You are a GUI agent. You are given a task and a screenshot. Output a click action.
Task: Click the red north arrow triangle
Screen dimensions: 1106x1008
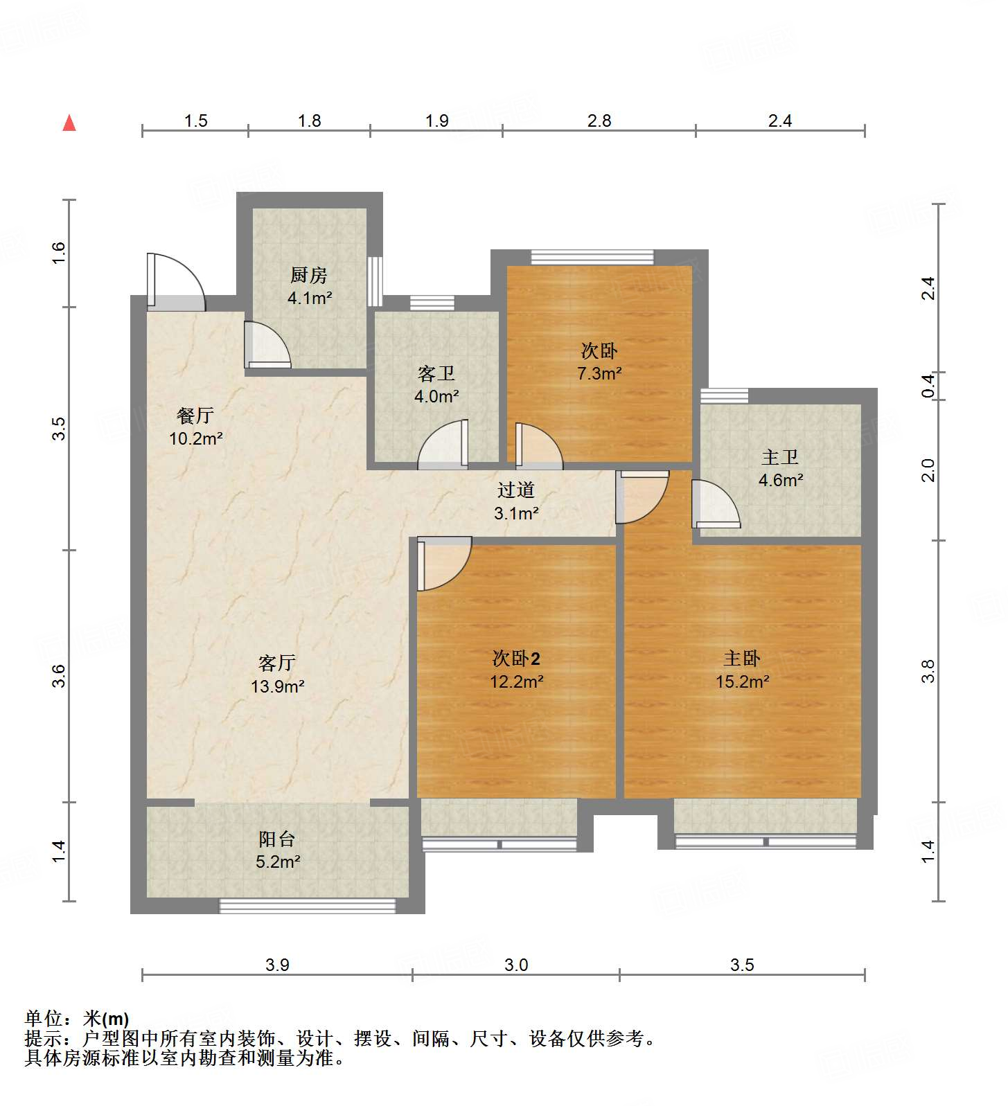click(x=69, y=123)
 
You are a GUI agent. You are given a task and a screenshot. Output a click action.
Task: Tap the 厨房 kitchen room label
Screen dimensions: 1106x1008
click(x=309, y=276)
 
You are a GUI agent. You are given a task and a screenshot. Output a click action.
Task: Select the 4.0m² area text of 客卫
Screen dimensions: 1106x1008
click(x=436, y=397)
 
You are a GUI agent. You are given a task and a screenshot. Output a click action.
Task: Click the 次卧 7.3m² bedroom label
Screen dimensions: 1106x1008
click(x=599, y=351)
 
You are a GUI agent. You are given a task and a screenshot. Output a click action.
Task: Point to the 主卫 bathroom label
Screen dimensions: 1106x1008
click(x=780, y=457)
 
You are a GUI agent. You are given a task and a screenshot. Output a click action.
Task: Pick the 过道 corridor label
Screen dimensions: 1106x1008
click(x=516, y=490)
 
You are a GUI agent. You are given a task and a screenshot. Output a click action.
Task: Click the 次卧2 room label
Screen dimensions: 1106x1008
click(x=516, y=659)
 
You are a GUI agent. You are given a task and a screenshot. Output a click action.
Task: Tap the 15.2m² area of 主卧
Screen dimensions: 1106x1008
click(x=742, y=681)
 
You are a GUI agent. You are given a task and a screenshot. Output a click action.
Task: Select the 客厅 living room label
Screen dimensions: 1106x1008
click(x=277, y=663)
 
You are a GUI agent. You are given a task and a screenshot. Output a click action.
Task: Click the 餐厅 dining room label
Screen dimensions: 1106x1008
click(x=195, y=416)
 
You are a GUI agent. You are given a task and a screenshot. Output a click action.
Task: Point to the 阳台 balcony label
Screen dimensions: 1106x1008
click(x=277, y=839)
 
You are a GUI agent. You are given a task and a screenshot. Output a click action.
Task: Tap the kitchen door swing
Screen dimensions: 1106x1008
click(x=267, y=344)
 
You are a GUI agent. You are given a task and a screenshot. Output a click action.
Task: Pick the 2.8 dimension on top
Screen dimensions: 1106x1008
click(x=599, y=121)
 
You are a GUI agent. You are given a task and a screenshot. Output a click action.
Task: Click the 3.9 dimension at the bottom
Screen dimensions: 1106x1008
click(x=277, y=965)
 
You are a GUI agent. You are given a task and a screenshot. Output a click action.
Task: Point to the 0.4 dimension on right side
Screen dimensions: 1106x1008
click(x=928, y=385)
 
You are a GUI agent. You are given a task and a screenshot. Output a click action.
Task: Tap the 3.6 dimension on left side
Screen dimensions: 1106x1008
click(x=60, y=675)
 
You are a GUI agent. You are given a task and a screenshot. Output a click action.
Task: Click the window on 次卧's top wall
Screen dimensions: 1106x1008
click(x=592, y=257)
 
